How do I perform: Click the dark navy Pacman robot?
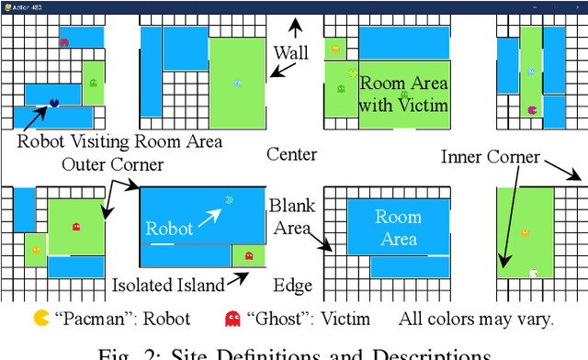click(x=54, y=102)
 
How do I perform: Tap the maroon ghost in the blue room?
click(x=63, y=41)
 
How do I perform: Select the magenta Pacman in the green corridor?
click(x=533, y=109)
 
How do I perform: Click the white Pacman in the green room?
click(x=534, y=272)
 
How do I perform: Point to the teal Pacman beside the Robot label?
click(x=229, y=198)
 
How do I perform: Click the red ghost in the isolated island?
click(x=249, y=256)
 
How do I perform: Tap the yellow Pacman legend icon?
click(x=41, y=319)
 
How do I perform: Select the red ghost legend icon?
click(x=233, y=319)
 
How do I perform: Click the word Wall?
click(x=291, y=53)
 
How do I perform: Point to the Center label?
click(x=291, y=154)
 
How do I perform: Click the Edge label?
click(x=294, y=286)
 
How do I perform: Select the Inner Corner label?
click(x=490, y=157)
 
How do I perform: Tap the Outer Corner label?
click(x=113, y=165)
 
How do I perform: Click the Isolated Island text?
click(x=168, y=286)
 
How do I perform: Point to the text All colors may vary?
click(x=475, y=320)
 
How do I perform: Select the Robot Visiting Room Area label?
click(x=120, y=141)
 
